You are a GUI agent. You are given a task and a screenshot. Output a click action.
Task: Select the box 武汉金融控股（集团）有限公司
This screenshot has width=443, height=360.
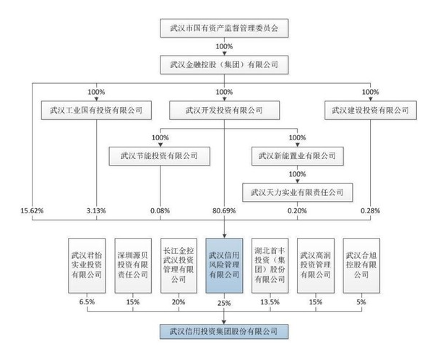coord(224,65)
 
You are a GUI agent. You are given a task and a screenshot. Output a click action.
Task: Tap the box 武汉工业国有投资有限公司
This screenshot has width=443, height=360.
coord(96,111)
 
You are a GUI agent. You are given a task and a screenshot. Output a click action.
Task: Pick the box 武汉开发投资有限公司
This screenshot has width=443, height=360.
coord(224,111)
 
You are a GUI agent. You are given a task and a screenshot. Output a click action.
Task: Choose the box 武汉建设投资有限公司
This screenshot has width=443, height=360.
coord(370,111)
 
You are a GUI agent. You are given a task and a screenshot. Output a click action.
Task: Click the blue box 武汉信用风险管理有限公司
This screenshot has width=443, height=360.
coord(224,265)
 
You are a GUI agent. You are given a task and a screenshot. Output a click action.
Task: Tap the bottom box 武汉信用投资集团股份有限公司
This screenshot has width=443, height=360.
coord(224,332)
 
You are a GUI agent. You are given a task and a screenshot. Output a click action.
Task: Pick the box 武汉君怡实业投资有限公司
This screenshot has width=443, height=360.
coord(87,265)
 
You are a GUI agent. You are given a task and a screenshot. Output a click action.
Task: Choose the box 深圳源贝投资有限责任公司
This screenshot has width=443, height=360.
coord(132,265)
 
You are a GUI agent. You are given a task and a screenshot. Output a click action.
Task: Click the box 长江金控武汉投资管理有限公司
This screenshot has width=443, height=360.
coord(179,265)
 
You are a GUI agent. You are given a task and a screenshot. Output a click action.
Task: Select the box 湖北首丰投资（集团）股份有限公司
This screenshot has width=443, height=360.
coord(270,265)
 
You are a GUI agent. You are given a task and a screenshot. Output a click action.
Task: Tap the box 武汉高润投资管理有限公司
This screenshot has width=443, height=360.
coord(317,265)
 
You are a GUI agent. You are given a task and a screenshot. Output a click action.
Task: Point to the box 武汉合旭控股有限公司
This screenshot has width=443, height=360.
coord(362,265)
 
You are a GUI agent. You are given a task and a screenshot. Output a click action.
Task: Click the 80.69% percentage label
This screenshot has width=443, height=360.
coord(225,210)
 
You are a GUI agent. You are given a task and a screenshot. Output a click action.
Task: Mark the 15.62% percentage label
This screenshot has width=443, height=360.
coord(33,210)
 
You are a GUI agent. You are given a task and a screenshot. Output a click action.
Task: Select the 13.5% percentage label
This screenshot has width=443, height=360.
coord(270,302)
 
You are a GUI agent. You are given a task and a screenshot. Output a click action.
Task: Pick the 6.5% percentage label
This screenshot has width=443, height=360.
coord(87,302)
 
